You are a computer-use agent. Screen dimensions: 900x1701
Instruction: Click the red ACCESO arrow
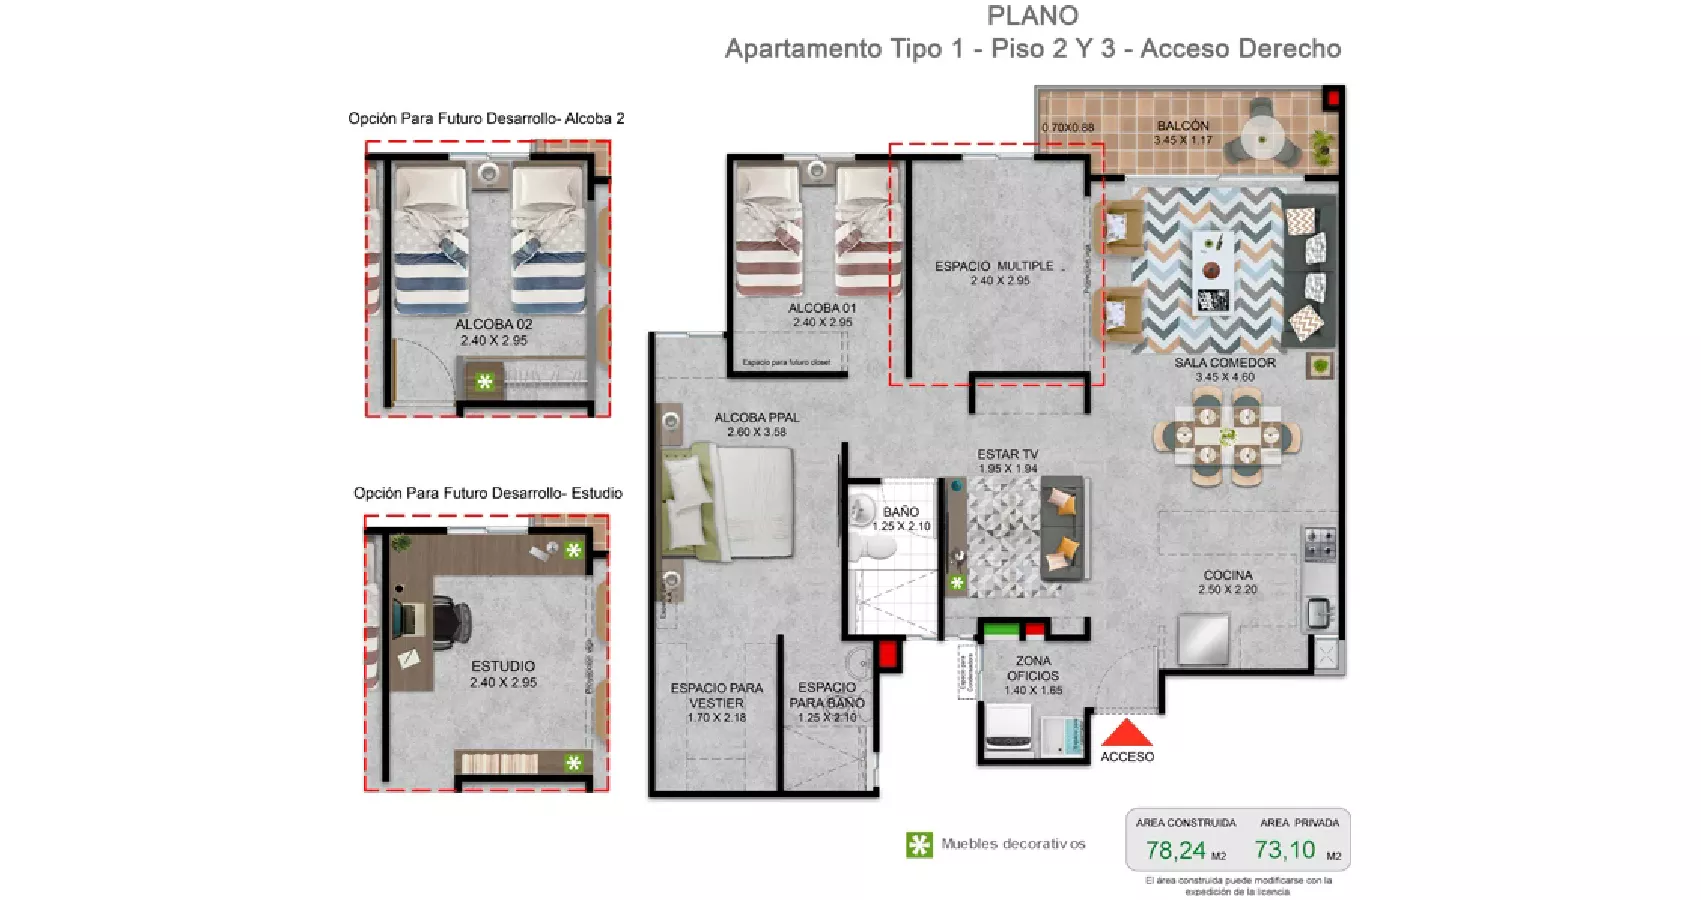[1127, 733]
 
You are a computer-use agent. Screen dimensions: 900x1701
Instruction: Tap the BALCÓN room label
[1183, 126]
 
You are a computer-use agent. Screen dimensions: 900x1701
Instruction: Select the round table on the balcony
[1263, 134]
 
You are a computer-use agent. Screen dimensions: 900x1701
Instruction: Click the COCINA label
[1228, 575]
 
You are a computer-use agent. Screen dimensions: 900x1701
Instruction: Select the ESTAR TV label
[1008, 454]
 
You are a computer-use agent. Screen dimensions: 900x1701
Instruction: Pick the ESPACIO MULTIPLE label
[994, 266]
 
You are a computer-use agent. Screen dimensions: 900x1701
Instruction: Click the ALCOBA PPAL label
[756, 417]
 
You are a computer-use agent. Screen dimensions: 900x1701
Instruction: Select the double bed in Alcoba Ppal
[728, 501]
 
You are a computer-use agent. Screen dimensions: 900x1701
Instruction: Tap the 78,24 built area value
[1175, 850]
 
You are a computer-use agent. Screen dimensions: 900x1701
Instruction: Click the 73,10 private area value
[1285, 850]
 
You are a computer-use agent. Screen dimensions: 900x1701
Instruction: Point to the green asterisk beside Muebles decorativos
[919, 845]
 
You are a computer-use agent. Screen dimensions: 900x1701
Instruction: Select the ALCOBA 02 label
[494, 324]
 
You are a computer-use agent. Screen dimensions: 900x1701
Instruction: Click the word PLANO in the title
[1033, 16]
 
